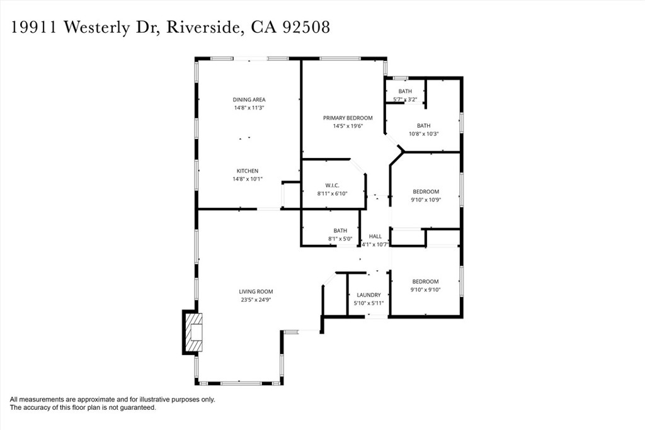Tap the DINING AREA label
pos(249,99)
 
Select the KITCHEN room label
pos(248,171)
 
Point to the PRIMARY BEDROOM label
pos(348,118)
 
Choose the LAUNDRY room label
pos(368,295)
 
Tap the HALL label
pos(375,236)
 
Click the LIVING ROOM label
pos(256,291)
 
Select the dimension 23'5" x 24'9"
pos(256,300)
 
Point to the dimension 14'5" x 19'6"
pos(348,126)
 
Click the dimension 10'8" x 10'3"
pos(423,133)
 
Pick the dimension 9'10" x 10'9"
pos(426,200)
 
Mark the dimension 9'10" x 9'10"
pos(426,290)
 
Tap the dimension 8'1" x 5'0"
pos(341,239)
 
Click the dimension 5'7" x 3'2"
pos(405,99)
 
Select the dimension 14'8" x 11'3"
pos(249,108)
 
